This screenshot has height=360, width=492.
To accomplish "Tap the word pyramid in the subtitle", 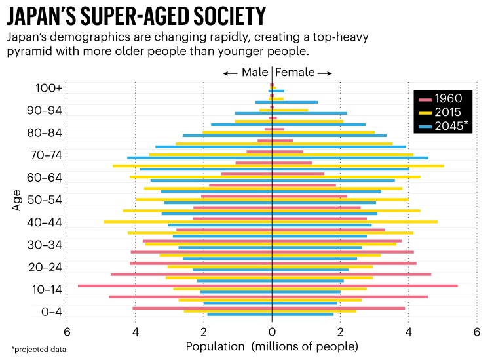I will (x=32, y=50).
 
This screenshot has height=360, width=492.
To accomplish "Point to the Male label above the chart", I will (x=254, y=73).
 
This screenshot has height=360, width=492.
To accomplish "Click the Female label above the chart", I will (x=295, y=73).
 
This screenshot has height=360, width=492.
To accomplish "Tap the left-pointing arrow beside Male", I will (x=229, y=73).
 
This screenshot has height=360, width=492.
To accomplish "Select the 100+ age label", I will (x=49, y=88).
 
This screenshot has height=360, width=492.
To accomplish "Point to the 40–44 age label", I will (x=44, y=222).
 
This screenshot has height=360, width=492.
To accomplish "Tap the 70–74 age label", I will (x=44, y=155).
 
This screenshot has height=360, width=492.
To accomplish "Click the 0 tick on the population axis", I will (x=272, y=331).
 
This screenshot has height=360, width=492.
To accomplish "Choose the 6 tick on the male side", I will (x=67, y=331).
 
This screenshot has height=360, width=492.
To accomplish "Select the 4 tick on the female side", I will (x=408, y=331).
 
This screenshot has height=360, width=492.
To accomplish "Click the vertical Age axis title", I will (x=16, y=200).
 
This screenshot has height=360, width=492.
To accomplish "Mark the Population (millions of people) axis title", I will (x=272, y=346).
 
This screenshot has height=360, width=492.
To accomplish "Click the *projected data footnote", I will (x=39, y=350).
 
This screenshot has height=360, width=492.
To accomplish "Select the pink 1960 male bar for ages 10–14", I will (x=175, y=286).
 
